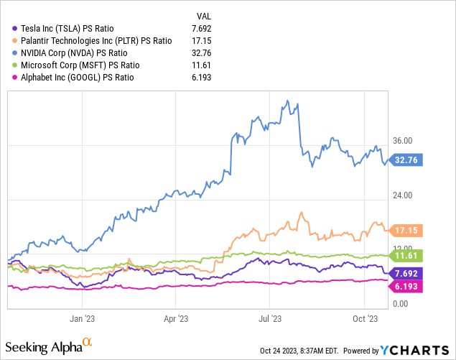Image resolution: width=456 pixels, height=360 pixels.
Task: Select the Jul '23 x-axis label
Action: point(269,316)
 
